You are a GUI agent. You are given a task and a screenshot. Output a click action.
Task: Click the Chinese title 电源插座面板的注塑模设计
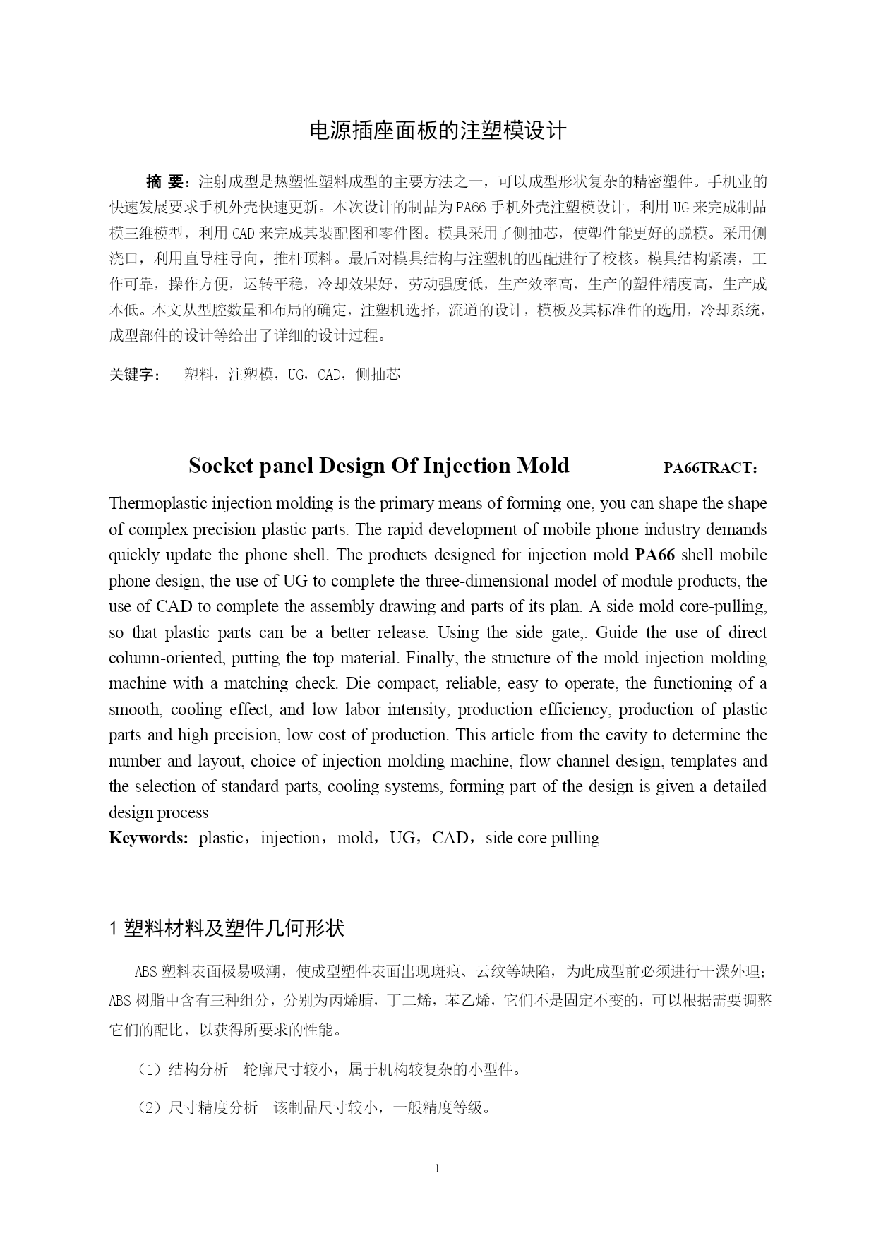[x=438, y=131]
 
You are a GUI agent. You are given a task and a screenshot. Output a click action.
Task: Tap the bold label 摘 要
[x=164, y=182]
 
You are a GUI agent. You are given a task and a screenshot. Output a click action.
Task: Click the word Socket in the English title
[x=224, y=466]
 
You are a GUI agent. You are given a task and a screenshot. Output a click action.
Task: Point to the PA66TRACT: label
[x=711, y=468]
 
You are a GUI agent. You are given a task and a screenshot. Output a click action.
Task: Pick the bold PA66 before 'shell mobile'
[x=654, y=555]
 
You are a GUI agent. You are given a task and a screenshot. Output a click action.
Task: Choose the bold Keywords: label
[x=148, y=839]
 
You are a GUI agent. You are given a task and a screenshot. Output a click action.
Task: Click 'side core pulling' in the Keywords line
[x=542, y=839]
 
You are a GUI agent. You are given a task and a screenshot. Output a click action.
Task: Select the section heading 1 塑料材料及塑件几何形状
[x=227, y=928]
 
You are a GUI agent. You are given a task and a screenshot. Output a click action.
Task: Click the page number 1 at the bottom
[x=438, y=1169]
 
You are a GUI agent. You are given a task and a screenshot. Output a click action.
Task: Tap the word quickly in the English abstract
[x=134, y=555]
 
